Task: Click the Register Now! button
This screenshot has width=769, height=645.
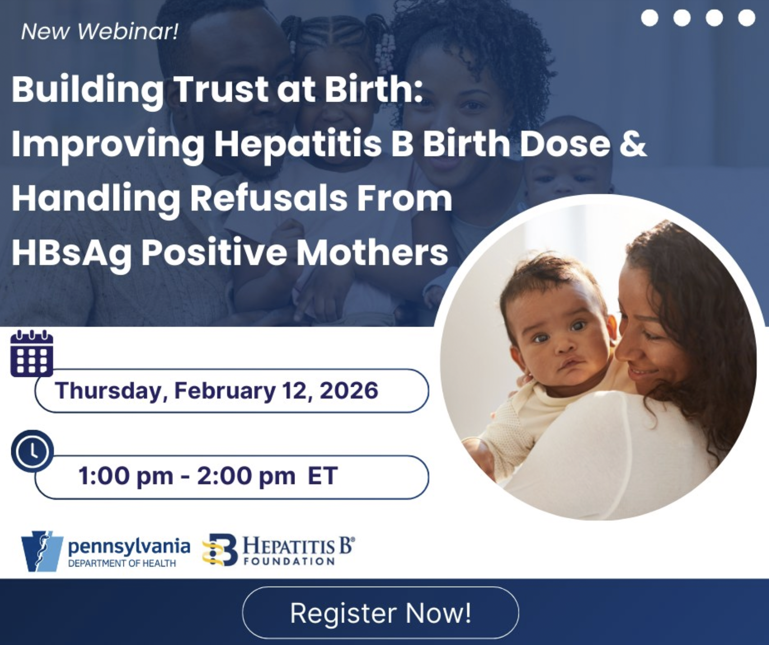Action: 380,613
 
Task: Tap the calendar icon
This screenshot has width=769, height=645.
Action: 32,354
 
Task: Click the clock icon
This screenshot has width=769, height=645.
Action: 32,451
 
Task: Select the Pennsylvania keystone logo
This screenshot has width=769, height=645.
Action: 42,551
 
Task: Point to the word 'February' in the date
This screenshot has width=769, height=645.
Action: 224,390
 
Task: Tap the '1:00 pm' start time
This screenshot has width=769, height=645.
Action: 126,476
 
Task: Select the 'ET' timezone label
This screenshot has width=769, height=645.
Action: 322,476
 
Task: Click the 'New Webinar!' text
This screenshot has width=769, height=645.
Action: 100,31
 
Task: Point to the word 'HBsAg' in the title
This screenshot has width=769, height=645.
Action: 72,253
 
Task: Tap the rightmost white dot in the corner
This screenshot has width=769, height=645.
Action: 746,18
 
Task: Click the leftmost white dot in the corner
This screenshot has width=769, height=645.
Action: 649,18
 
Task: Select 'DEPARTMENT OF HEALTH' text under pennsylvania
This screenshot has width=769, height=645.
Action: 122,563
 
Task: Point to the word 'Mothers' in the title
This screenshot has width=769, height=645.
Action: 372,253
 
